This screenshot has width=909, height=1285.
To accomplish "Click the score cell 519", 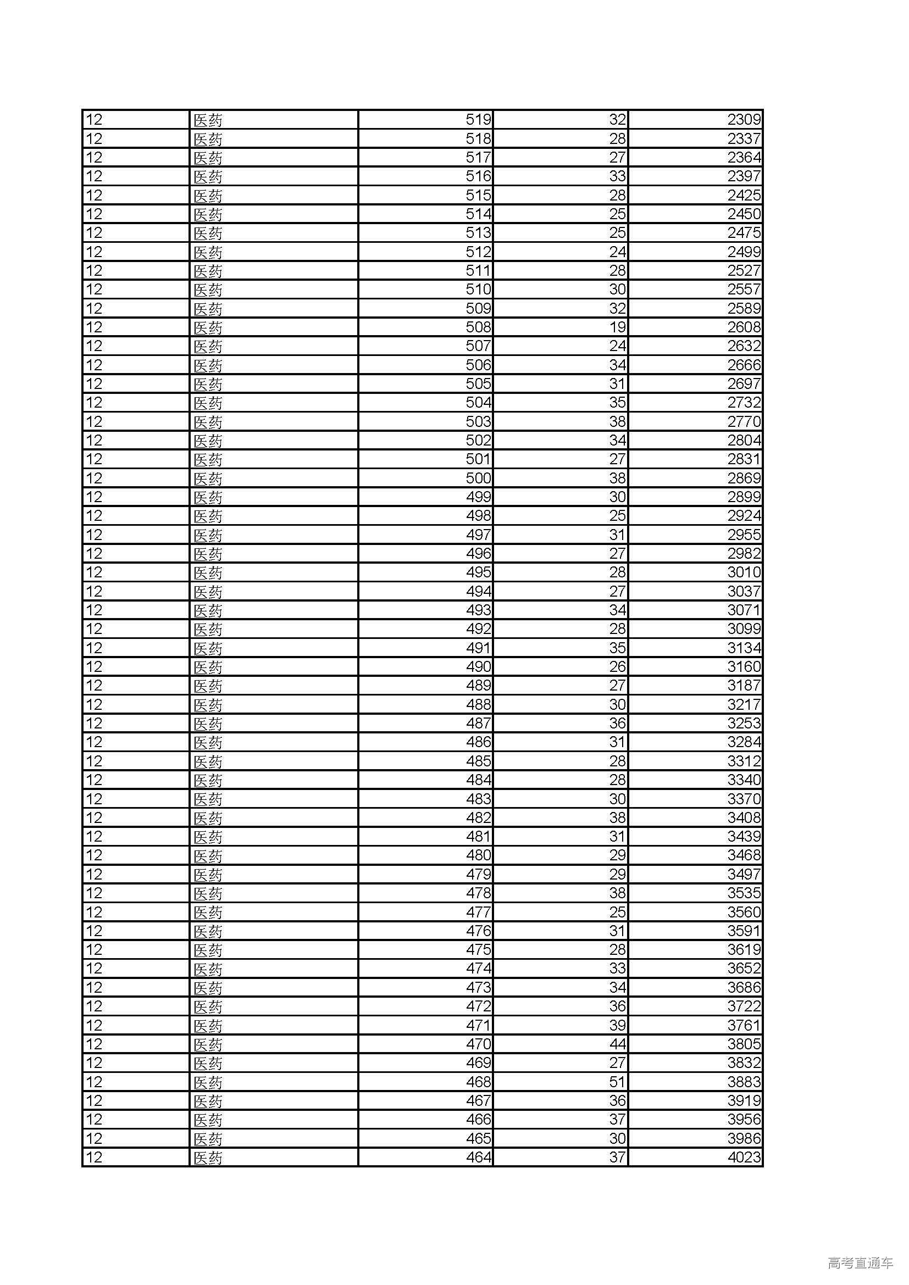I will tap(478, 120).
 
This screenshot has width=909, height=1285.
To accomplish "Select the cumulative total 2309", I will tap(744, 120).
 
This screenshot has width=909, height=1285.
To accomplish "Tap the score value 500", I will tap(478, 478).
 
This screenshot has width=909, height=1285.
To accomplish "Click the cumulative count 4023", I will tap(744, 1157).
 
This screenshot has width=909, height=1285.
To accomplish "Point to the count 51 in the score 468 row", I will tap(617, 1082).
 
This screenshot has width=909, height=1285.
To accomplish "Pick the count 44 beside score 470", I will tap(617, 1044).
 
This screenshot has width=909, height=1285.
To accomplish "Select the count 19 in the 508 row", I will tap(617, 327).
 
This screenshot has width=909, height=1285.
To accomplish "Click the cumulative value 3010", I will tap(744, 572).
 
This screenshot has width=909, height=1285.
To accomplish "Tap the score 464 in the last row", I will tap(478, 1157).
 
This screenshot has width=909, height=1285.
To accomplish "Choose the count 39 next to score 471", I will tap(617, 1025).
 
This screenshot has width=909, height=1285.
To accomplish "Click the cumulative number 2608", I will tap(744, 327).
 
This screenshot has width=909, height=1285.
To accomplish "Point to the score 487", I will tap(478, 723).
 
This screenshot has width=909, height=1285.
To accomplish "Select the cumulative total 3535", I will tap(744, 893).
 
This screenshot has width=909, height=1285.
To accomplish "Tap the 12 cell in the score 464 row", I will tap(94, 1157).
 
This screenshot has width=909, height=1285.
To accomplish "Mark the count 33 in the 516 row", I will tap(617, 176).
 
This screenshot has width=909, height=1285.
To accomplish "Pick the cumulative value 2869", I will tap(744, 478).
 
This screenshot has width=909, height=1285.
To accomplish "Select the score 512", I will tap(478, 252).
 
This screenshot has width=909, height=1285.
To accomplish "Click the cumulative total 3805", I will tap(744, 1044).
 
